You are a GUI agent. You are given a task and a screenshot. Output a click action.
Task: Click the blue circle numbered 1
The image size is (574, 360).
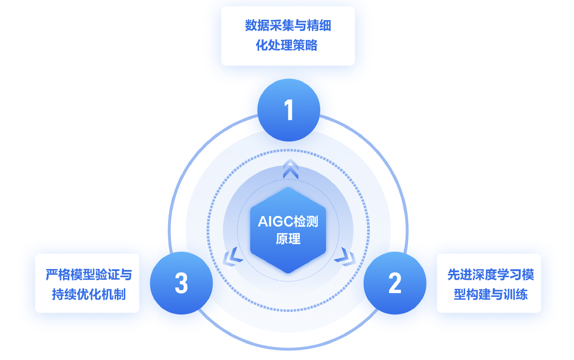tap(288, 110)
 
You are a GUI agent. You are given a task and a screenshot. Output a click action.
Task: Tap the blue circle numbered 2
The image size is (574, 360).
tap(394, 283)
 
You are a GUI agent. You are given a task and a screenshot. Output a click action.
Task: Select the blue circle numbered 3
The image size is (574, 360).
tap(181, 283)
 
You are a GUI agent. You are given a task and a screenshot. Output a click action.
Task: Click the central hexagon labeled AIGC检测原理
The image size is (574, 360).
tap(288, 230)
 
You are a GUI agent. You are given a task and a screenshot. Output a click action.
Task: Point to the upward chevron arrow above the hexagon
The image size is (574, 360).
tap(290, 169)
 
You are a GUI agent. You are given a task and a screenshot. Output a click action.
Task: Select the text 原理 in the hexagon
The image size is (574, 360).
tap(288, 239)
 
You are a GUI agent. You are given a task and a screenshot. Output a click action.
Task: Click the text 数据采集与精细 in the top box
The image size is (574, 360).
tap(288, 26)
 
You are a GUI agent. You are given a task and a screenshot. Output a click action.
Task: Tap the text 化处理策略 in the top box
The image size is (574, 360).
tap(288, 46)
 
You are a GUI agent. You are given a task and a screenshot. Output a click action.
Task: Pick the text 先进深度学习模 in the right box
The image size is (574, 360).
tap(490, 275)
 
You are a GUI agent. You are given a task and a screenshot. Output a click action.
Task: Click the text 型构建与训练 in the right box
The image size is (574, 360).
tap(490, 294)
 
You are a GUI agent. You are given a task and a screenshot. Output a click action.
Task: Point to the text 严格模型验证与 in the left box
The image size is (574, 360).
tap(89, 275)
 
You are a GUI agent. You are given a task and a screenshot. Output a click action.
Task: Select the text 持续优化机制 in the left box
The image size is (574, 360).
tap(89, 294)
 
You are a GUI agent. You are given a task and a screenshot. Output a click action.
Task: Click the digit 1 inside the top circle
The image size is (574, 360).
tap(288, 110)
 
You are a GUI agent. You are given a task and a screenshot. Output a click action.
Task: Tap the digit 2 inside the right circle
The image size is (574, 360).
tap(394, 283)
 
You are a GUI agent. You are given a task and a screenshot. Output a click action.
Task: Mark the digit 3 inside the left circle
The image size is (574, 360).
tap(181, 283)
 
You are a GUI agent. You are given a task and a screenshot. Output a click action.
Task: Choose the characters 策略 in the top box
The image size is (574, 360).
tap(309, 46)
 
